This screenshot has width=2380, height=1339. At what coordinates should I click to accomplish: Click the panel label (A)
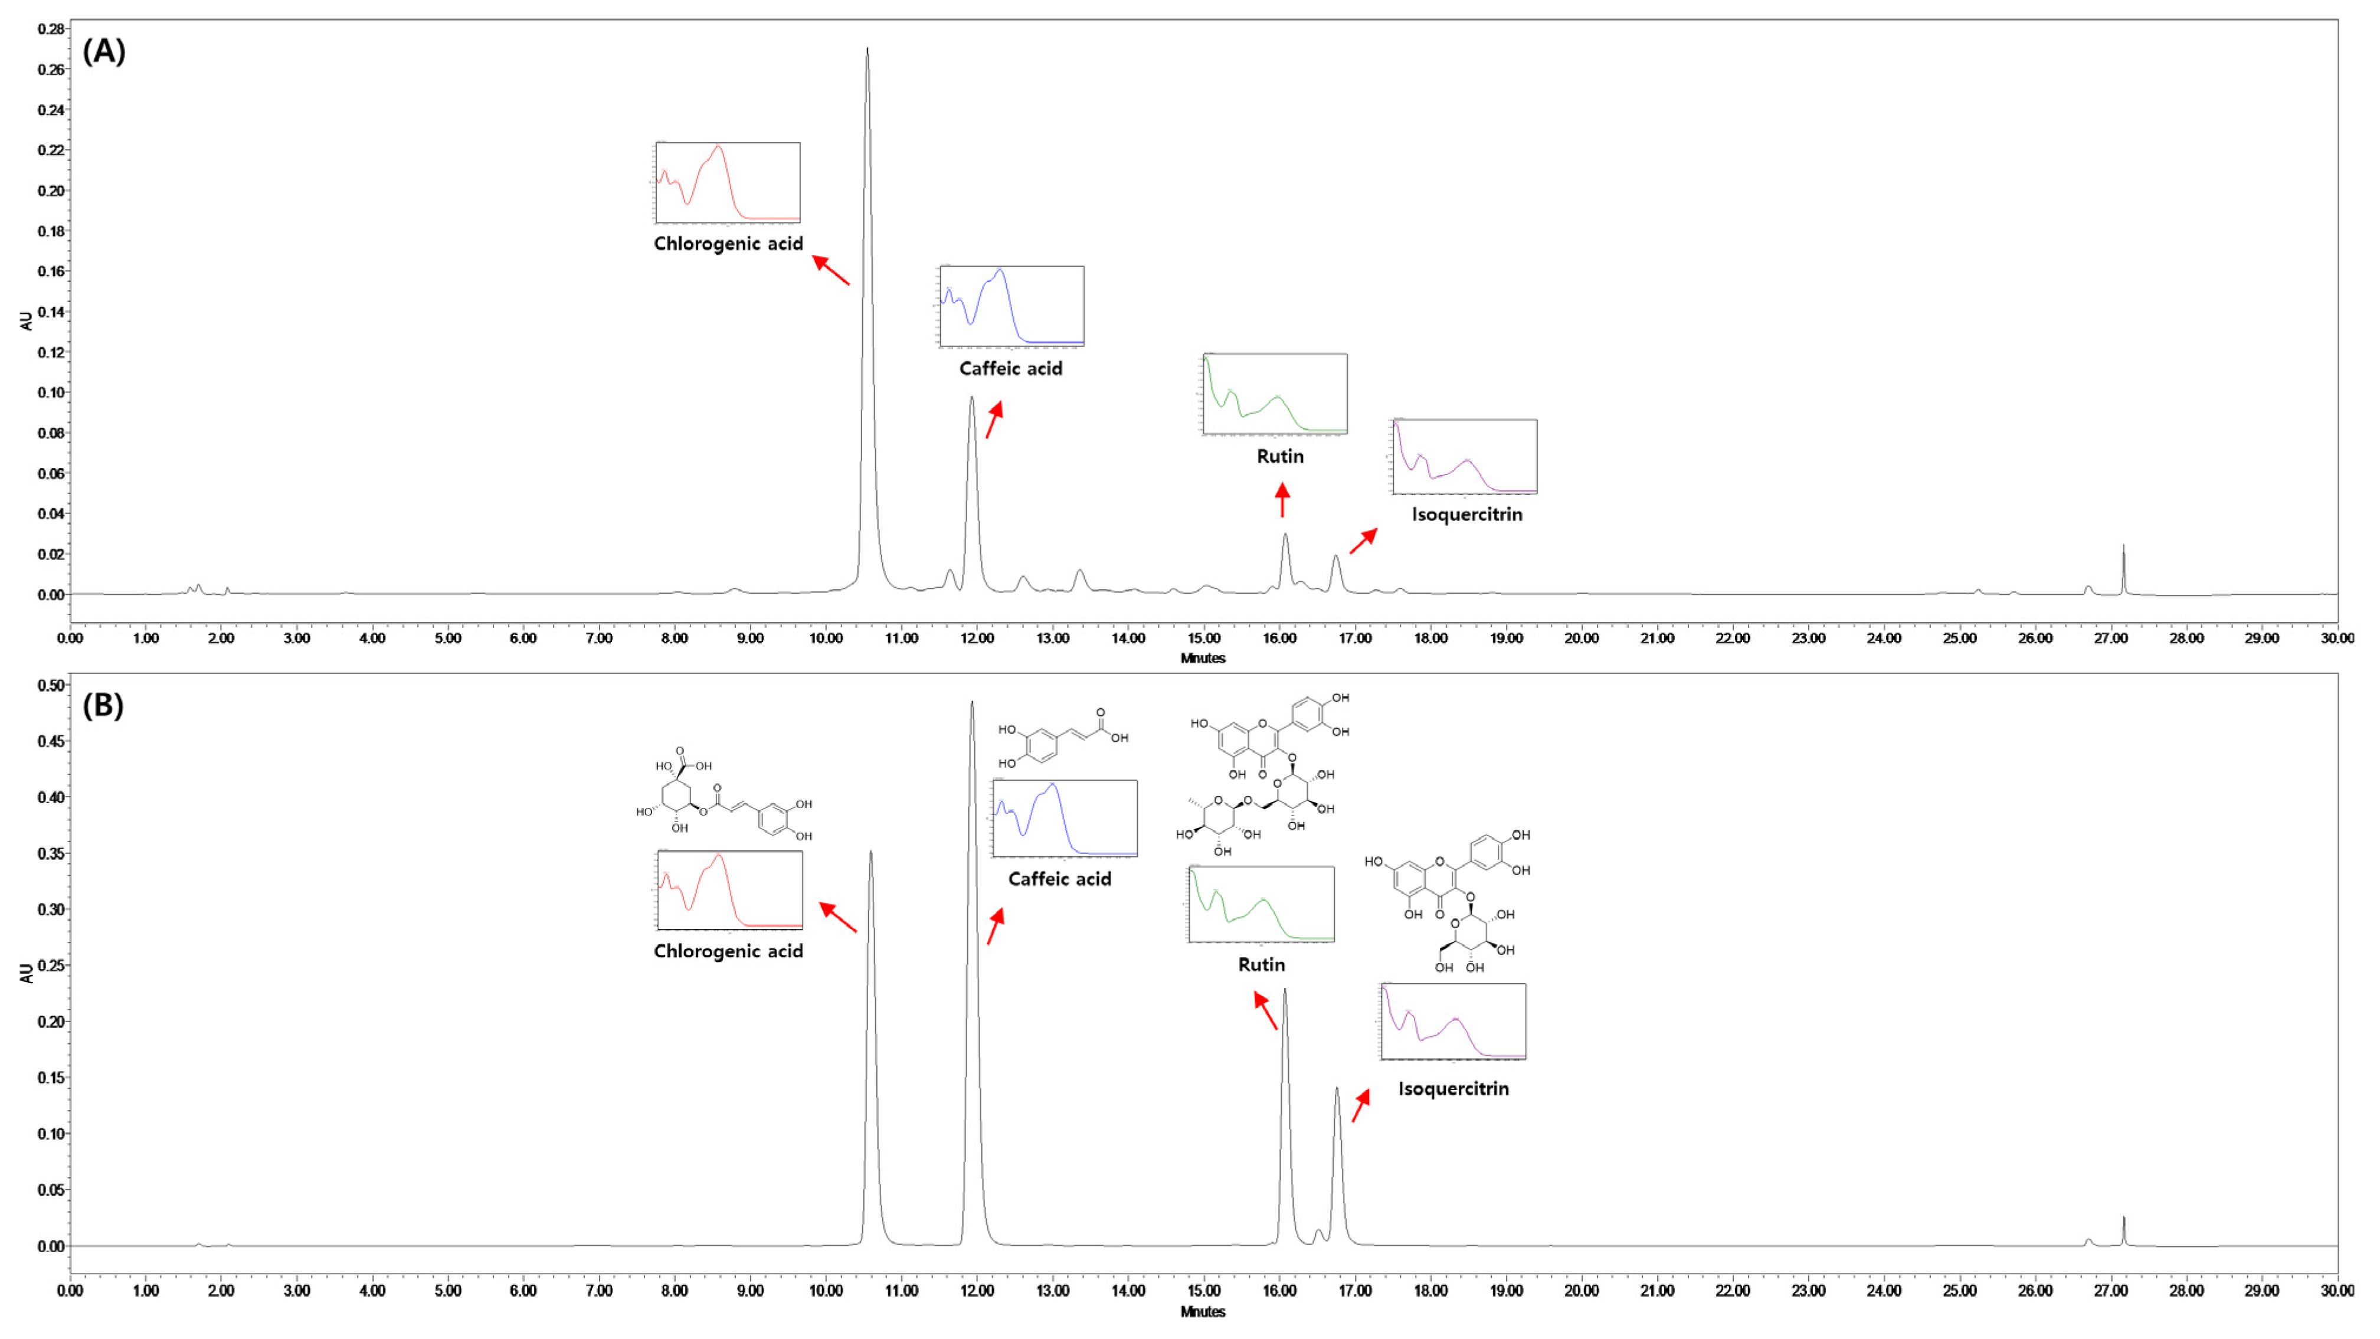point(103,52)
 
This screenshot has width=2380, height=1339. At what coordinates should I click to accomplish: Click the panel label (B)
point(103,706)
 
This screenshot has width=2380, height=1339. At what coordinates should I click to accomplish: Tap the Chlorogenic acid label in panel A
point(728,244)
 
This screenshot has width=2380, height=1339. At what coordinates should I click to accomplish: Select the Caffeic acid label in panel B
point(1059,879)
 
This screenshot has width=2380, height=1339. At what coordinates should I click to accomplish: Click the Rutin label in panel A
point(1279,457)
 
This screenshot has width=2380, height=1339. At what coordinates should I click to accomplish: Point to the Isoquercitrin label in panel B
point(1453,1089)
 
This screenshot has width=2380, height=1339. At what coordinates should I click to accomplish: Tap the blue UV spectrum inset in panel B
point(1065,819)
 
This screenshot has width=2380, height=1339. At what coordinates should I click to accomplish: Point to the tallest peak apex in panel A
point(867,48)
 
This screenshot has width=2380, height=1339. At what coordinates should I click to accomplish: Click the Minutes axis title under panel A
point(1203,659)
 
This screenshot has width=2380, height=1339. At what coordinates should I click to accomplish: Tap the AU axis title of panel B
point(26,973)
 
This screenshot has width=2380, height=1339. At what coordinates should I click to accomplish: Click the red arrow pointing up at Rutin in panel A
point(1281,502)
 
